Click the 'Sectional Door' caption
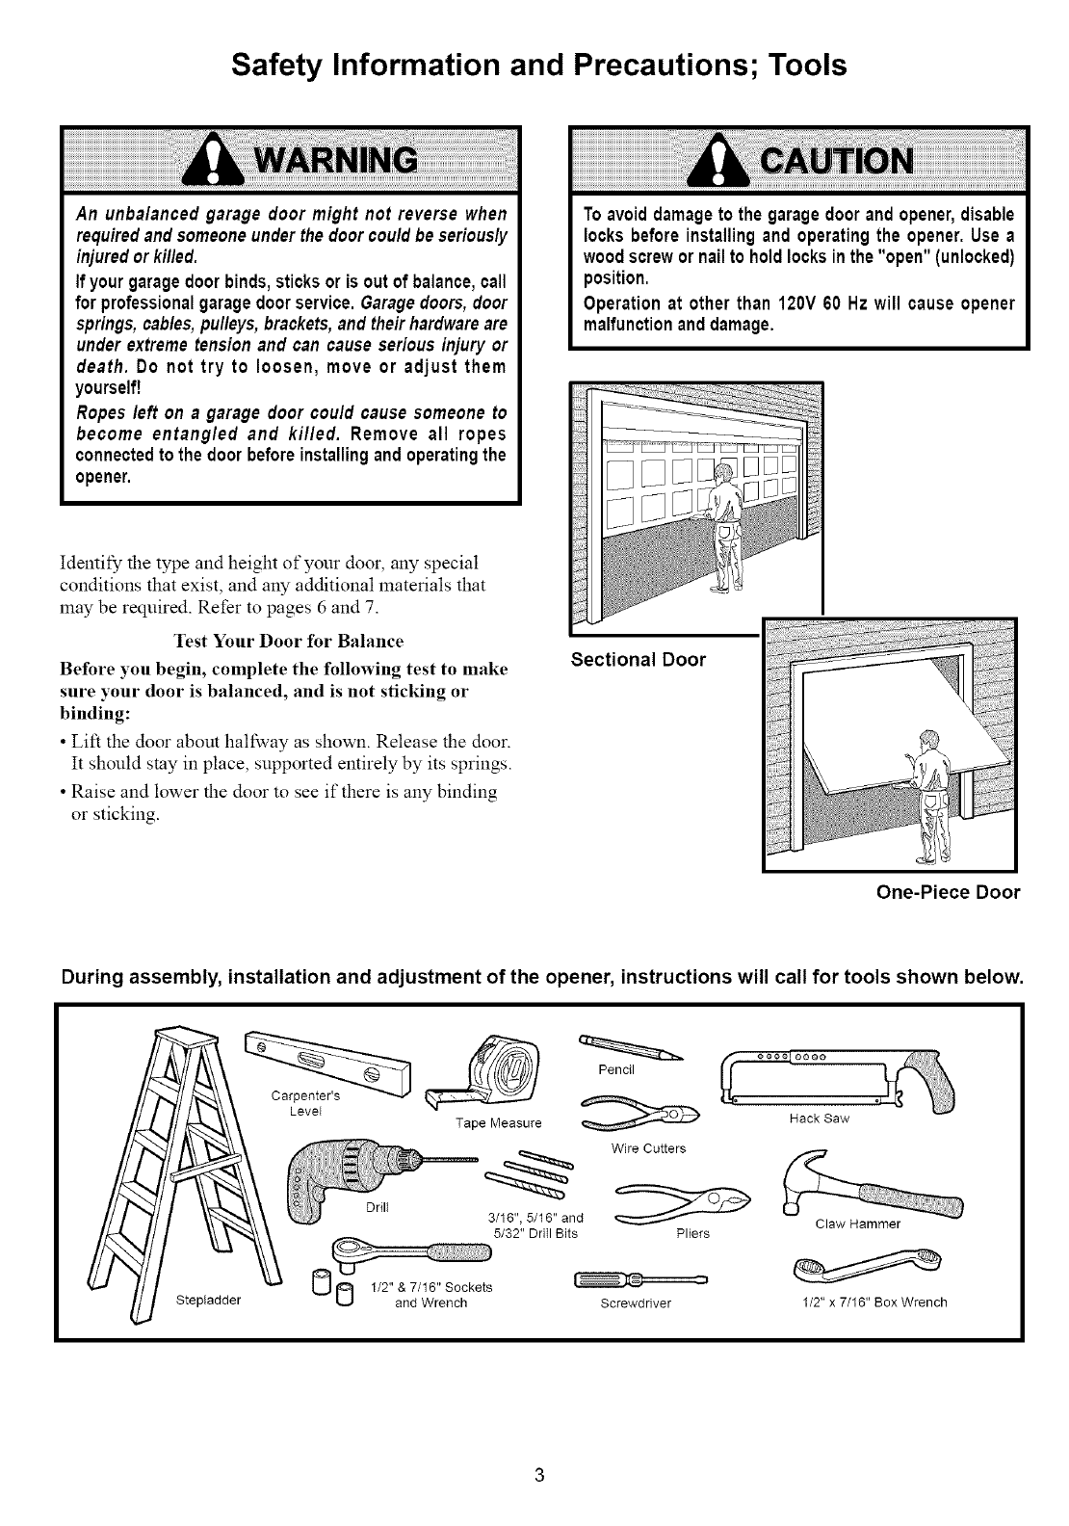(638, 660)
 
